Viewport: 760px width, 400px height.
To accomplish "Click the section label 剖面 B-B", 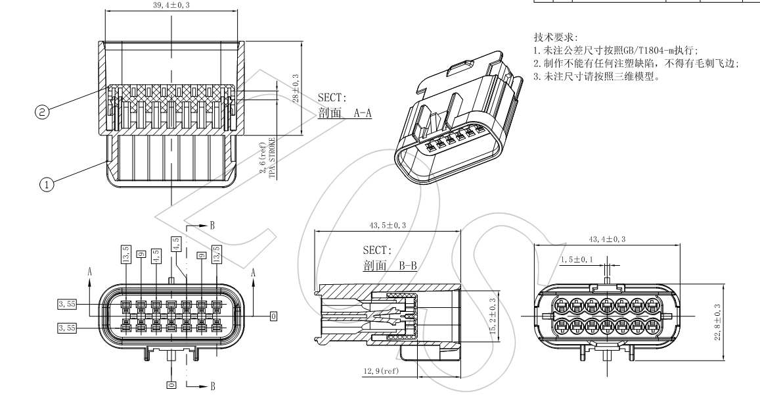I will (x=390, y=266).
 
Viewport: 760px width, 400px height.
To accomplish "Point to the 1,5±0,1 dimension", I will (x=576, y=260).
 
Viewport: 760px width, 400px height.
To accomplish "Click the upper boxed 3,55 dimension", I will (x=66, y=304).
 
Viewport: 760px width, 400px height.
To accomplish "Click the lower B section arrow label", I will (x=212, y=386).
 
